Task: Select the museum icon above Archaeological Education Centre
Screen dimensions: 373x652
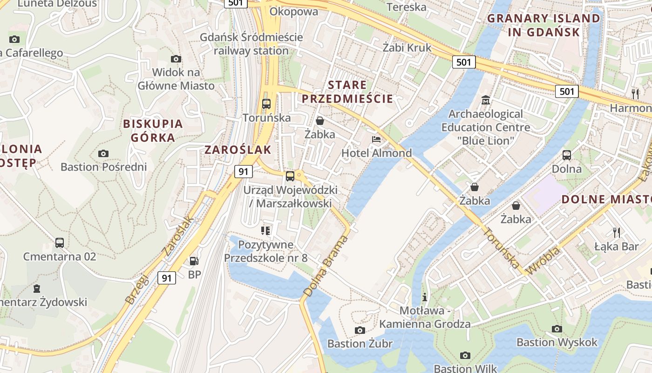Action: [486, 100]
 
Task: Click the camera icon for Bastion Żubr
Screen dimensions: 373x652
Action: [360, 330]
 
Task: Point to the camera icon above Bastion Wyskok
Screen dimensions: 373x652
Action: [557, 329]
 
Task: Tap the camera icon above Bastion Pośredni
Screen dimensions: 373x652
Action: [103, 153]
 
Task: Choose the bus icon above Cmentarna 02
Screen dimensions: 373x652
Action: [60, 242]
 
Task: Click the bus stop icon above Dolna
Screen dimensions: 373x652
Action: [567, 155]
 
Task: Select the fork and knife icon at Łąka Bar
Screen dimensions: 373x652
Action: [617, 232]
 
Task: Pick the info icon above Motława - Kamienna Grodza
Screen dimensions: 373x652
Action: [424, 297]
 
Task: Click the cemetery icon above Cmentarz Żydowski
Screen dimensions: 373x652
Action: [37, 288]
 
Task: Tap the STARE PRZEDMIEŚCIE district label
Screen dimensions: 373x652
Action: [347, 92]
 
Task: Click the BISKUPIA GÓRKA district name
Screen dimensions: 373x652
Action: [153, 131]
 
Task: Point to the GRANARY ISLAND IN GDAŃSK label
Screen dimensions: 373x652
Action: [543, 25]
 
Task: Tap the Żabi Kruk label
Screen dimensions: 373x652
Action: [407, 48]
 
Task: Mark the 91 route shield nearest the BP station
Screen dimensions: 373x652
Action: [167, 278]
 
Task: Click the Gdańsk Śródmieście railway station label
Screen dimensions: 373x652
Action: [251, 44]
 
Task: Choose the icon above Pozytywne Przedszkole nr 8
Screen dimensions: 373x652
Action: [265, 230]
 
